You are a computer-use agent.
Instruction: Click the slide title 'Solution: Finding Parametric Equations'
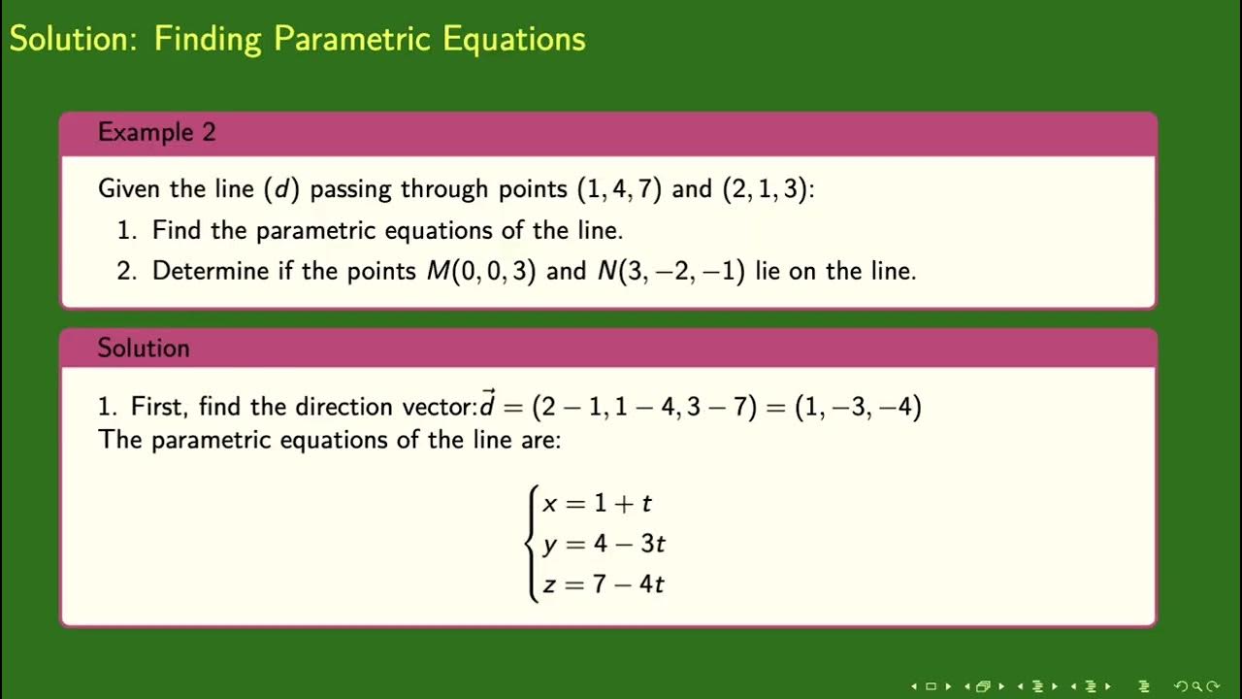point(297,39)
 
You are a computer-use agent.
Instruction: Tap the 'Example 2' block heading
point(156,132)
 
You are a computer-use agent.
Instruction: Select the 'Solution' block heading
point(143,348)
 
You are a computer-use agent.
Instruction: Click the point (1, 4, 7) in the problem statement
point(619,188)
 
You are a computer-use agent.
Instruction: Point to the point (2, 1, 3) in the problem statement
point(765,188)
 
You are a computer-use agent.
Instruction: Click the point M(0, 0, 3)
point(481,270)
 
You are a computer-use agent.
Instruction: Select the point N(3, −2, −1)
point(671,270)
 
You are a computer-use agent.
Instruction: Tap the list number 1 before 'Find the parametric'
point(124,231)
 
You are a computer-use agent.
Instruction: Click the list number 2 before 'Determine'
point(124,270)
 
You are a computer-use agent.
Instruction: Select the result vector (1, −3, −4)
point(858,407)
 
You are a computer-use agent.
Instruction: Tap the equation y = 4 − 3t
point(604,544)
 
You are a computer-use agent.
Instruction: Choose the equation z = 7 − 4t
point(603,584)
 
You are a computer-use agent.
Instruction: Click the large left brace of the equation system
point(532,544)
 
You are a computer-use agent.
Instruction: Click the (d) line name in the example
point(281,188)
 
